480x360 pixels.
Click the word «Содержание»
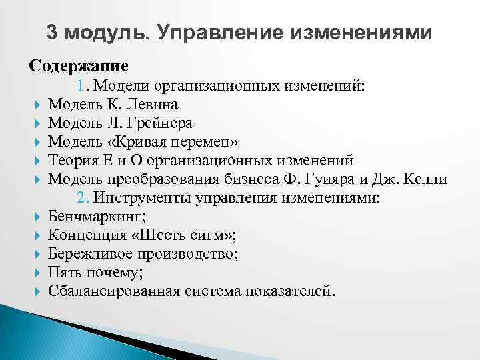78,67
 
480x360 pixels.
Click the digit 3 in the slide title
53,32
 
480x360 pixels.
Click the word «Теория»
72,161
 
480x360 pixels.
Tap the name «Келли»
427,179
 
